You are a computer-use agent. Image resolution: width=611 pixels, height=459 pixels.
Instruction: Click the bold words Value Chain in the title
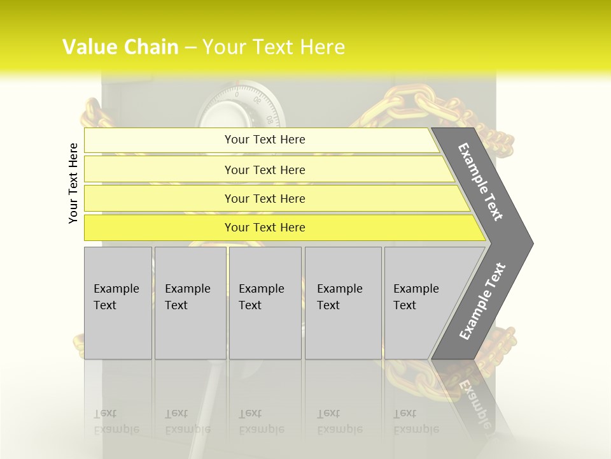click(120, 47)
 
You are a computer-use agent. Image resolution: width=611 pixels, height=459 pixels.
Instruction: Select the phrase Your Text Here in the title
click(274, 47)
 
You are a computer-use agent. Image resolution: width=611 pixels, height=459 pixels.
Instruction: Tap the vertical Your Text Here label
click(73, 183)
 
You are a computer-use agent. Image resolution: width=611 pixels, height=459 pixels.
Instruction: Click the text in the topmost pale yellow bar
click(265, 140)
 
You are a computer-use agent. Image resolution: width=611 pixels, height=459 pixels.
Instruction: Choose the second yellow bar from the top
click(265, 170)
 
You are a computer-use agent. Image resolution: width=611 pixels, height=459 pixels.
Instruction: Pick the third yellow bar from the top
click(265, 199)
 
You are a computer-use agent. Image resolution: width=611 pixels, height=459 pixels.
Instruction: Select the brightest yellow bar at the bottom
click(265, 228)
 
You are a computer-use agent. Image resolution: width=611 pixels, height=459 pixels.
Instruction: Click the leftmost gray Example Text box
click(118, 303)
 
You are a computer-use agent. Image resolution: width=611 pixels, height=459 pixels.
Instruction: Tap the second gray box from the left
click(190, 303)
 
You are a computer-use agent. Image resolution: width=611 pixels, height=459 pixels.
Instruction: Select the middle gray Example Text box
click(265, 303)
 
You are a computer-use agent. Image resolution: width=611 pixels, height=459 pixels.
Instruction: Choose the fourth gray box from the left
click(342, 303)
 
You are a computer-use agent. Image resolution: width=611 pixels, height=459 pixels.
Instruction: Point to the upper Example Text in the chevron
click(481, 182)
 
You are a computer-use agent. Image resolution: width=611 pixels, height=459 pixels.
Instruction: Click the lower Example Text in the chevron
click(482, 301)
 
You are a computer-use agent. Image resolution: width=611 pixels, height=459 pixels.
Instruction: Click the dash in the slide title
click(190, 48)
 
